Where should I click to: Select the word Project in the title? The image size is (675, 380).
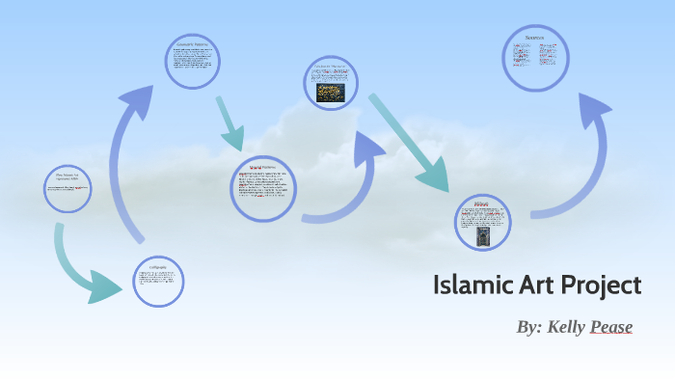(601, 286)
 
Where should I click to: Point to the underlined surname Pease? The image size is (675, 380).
(611, 327)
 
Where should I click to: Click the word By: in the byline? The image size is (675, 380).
(529, 327)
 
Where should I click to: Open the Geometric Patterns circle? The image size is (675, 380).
(192, 62)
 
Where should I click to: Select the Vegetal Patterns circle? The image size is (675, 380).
(263, 187)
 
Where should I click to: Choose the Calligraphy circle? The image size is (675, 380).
(158, 281)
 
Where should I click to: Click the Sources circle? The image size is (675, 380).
(535, 57)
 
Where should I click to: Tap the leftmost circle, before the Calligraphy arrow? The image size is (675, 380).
(68, 189)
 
